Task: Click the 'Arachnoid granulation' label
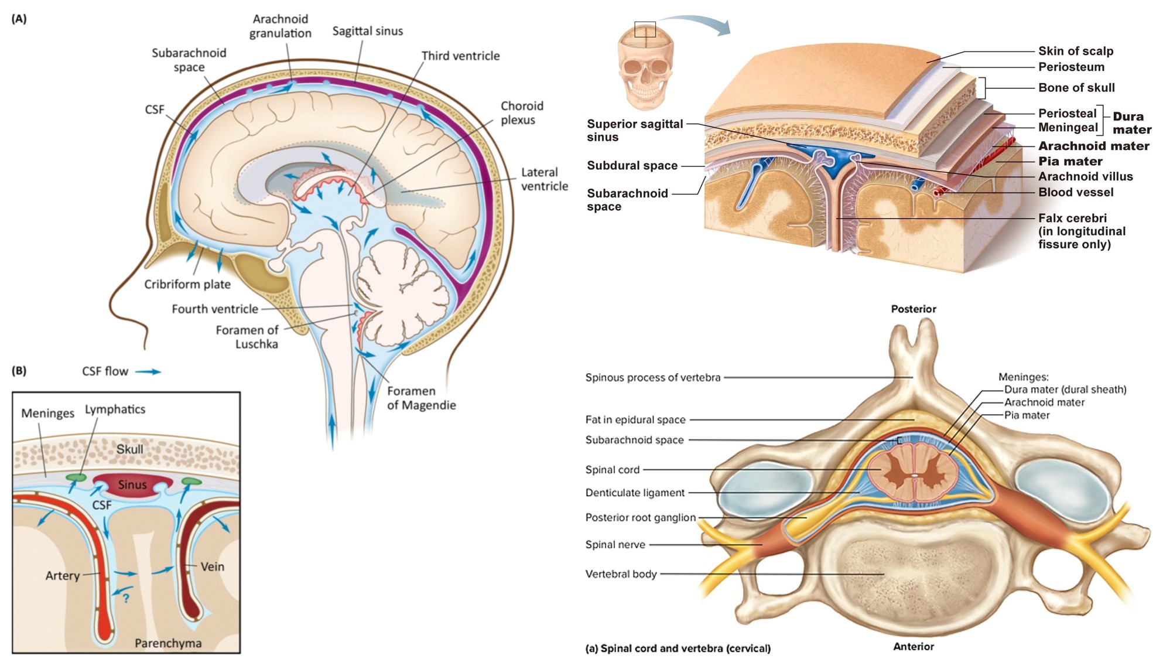280,26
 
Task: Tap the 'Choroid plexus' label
521,112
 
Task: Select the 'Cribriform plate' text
187,284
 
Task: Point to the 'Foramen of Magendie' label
421,398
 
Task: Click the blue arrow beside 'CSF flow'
148,371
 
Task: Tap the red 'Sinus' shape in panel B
132,485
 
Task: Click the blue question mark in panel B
125,598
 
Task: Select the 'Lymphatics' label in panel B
115,409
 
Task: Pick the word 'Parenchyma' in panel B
168,643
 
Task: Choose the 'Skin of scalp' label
1075,51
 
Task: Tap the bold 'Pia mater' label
1070,161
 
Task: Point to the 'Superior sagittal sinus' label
634,130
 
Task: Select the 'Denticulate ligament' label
635,493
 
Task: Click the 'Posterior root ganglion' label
640,517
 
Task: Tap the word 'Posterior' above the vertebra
913,309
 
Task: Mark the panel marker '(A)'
19,19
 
